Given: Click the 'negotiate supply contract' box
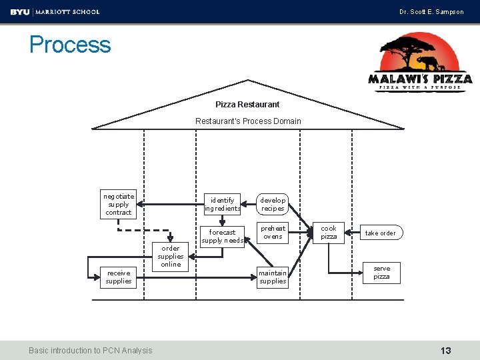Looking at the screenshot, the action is tap(118, 204).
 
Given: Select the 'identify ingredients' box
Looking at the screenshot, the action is tap(222, 204).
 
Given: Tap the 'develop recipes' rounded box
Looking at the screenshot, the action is tap(273, 204).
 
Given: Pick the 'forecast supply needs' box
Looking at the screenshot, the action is tap(222, 237).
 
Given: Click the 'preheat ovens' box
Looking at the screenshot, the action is tap(273, 233).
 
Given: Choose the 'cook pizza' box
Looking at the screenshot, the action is tap(329, 233).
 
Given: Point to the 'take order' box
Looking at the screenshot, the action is tap(381, 233).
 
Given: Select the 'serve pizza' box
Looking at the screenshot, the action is tap(381, 273).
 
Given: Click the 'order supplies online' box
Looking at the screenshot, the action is tap(170, 257).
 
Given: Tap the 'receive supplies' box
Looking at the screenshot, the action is tap(118, 277).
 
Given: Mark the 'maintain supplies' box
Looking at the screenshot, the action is tap(273, 277).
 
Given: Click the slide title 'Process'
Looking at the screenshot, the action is tap(70, 45).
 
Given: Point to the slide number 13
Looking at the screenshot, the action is tap(446, 351).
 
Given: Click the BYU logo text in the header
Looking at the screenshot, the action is tap(20, 12).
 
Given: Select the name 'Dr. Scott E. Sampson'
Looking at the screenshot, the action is tap(431, 12).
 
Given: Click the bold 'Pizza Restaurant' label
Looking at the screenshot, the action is tap(247, 105).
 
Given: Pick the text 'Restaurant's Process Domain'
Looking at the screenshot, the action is tap(248, 121).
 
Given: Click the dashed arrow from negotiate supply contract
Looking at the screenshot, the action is tap(144, 230).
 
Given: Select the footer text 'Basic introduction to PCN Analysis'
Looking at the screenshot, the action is tap(90, 351).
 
